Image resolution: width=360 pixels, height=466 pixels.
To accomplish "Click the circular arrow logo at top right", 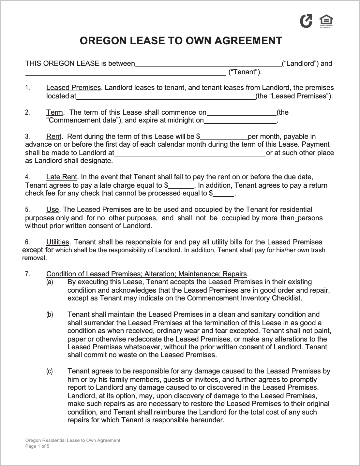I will coord(306,21).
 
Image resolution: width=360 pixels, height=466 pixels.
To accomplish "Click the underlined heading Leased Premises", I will coord(73,88).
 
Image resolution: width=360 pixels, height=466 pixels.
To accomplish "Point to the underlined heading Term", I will coord(54,112).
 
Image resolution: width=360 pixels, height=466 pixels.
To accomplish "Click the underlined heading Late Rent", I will coord(62,177).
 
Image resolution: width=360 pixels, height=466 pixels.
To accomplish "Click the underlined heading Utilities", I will coord(58,242).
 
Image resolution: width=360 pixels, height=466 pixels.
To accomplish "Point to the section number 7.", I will coord(28,274).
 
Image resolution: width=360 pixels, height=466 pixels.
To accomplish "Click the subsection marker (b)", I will coord(50,314).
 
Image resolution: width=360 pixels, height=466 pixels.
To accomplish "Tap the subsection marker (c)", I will coord(50,371).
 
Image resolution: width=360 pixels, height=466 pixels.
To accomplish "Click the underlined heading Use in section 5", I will coord(52,210).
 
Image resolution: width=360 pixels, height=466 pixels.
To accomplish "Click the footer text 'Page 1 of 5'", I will coord(37,446).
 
